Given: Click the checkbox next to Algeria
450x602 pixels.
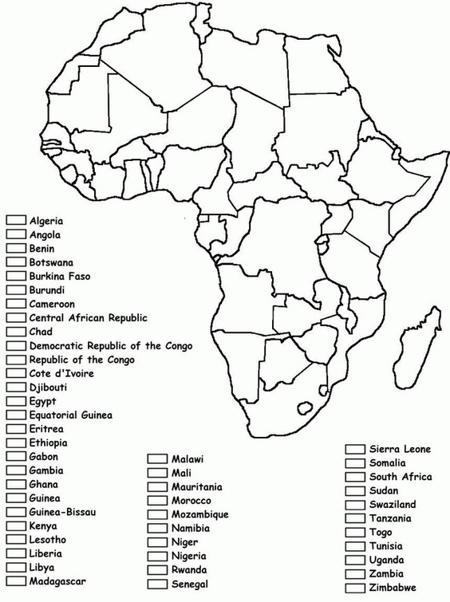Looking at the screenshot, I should (16, 221).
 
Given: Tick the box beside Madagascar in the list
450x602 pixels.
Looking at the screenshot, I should (16, 581).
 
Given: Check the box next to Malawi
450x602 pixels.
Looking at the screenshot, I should (156, 459).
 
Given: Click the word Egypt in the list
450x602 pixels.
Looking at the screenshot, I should (43, 401).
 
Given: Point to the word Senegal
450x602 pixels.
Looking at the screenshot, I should (190, 584).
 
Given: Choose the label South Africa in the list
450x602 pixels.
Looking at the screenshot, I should (401, 477).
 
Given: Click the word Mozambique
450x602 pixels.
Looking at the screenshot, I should (200, 515).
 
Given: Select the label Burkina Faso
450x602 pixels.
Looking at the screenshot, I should (60, 276).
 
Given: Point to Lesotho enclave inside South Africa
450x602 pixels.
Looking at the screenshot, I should (303, 407).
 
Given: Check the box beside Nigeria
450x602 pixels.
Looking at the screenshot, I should (156, 557).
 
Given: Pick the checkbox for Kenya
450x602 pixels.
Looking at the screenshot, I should (16, 525).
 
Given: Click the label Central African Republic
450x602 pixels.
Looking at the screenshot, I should (89, 317).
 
